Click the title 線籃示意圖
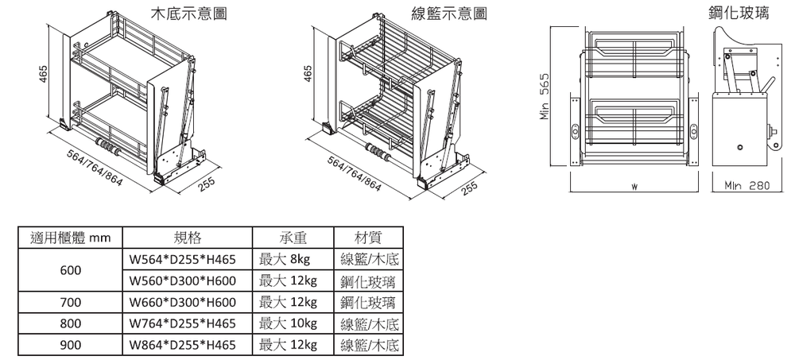[449, 14]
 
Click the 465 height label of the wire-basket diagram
[308, 73]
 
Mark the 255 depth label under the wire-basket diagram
[469, 188]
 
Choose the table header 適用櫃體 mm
[70, 238]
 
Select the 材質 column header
[370, 238]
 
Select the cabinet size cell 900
[71, 346]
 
